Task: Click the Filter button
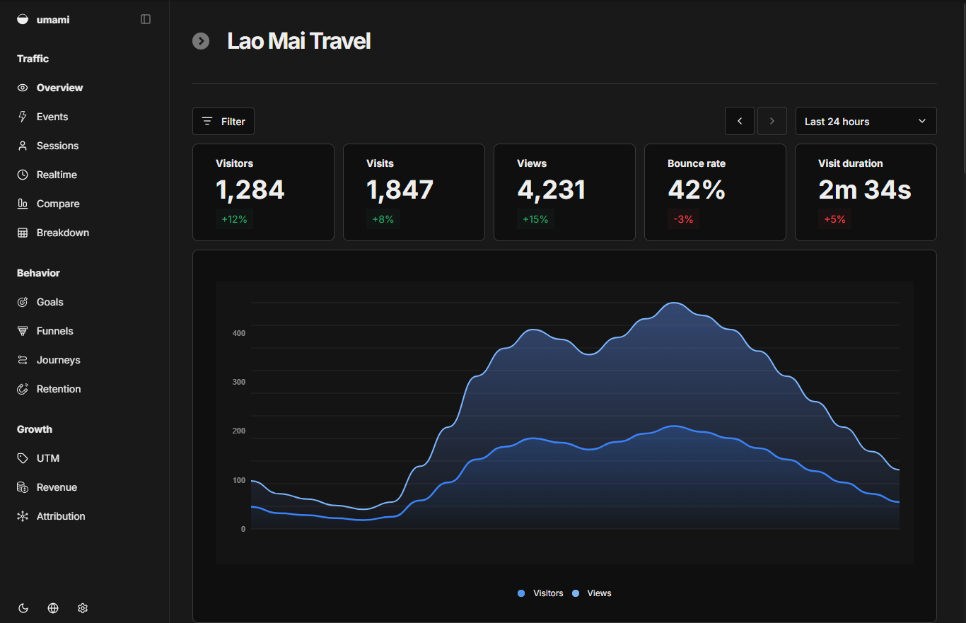coord(223,122)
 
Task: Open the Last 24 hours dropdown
coord(866,122)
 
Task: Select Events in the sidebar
coord(52,117)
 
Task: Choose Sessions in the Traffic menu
coord(57,146)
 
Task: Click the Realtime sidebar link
coord(57,175)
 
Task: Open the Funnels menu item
coord(54,331)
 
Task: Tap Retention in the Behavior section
coord(59,389)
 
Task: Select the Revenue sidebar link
coord(57,487)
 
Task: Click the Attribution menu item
coord(61,516)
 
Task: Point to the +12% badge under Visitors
coord(234,219)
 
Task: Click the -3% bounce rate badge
coord(683,219)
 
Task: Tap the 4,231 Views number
coord(552,190)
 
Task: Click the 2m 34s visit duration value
coord(864,190)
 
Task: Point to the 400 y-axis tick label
coord(238,333)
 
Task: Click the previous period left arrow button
coord(740,122)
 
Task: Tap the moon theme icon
coord(23,608)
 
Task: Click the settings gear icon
coord(83,608)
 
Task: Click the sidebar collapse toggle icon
coord(146,19)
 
